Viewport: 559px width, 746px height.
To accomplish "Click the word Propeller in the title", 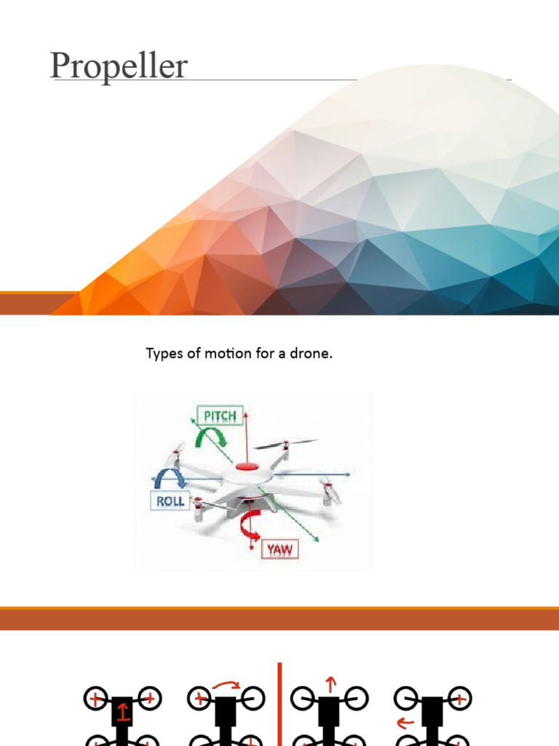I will [119, 66].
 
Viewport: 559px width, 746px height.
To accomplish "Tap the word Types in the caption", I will [163, 355].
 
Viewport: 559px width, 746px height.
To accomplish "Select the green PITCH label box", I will [220, 416].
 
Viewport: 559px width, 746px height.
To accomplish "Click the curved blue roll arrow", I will [170, 478].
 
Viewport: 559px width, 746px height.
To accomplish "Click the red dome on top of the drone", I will [247, 466].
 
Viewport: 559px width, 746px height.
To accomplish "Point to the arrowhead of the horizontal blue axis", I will [348, 474].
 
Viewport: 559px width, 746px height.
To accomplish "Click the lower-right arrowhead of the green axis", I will [317, 540].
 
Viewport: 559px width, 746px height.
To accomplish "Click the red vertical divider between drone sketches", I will [279, 704].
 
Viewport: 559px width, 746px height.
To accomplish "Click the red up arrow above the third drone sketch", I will [330, 683].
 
